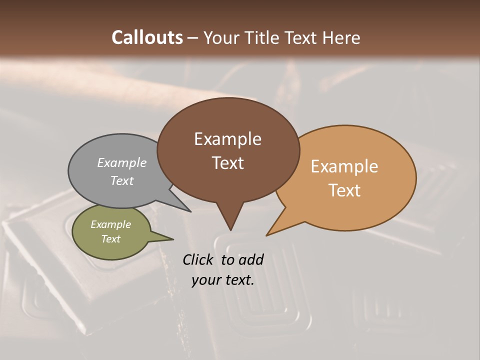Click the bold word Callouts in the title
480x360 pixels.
coord(147,37)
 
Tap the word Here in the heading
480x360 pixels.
coord(341,37)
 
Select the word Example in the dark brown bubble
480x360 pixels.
coord(227,139)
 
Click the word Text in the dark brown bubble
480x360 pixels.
coord(227,163)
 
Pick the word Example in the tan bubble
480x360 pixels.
coord(344,166)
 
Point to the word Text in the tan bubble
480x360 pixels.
coord(344,190)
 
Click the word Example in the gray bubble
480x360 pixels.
coord(122,162)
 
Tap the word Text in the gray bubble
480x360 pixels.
coord(122,180)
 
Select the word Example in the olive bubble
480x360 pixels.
coord(110,224)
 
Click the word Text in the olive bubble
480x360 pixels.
coord(110,239)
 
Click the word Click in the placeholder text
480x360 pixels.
coord(198,259)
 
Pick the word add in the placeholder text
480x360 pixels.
coord(251,259)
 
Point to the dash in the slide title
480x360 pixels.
coord(193,37)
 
